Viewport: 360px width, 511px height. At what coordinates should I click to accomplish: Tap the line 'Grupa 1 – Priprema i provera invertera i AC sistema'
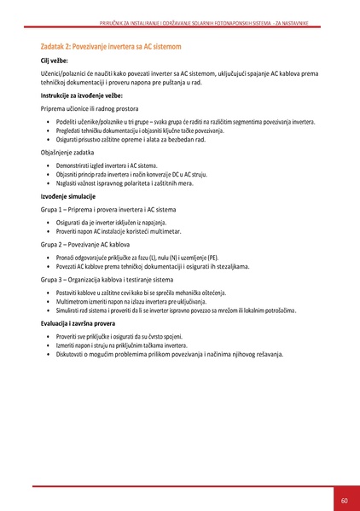115,209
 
